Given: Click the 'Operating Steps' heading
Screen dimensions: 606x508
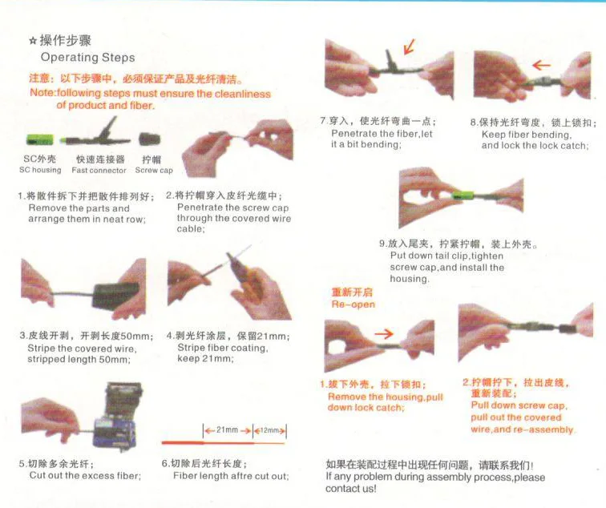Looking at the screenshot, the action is point(87,58).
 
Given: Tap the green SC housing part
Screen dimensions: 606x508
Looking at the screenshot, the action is point(40,140).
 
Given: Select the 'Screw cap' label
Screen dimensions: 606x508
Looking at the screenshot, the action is point(154,170).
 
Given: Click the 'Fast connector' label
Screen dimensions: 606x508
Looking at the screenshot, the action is point(99,170).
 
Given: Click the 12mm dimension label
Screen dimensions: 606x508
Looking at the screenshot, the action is point(269,430).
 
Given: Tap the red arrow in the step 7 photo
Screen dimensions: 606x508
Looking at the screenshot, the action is point(410,46).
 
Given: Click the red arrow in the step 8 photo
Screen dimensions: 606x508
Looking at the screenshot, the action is point(541,65).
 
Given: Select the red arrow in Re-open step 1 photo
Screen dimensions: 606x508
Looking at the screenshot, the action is point(384,333).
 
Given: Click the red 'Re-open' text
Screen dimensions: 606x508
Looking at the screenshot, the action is point(353,304).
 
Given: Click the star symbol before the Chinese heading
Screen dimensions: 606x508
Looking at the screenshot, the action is point(33,41).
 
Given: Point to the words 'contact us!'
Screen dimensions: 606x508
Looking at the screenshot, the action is point(350,489).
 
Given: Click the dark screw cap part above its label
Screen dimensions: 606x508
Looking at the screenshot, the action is point(150,139).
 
